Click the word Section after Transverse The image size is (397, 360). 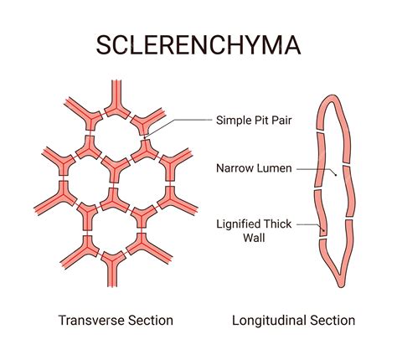coord(151,321)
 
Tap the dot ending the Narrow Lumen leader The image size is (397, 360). coord(335,175)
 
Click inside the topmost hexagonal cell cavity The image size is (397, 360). coord(115,129)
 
